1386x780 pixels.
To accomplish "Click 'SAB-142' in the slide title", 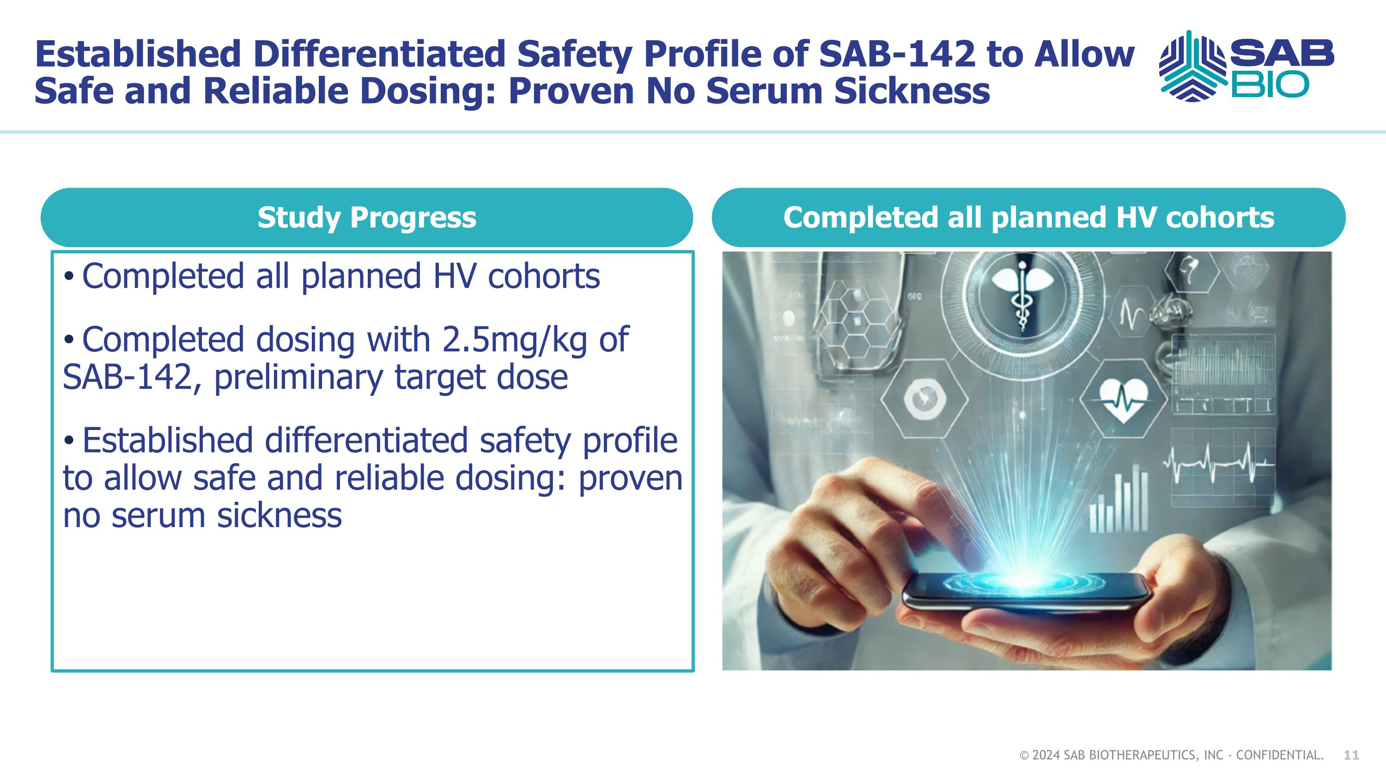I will pyautogui.click(x=896, y=55).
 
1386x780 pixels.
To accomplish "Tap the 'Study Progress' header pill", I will pyautogui.click(x=366, y=217).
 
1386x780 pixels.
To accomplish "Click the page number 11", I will pyautogui.click(x=1351, y=755).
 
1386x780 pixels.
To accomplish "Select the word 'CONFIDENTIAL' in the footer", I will pyautogui.click(x=1278, y=755).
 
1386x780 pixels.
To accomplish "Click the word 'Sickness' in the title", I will pyautogui.click(x=912, y=91).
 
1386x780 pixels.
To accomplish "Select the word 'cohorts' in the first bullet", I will pyautogui.click(x=543, y=276).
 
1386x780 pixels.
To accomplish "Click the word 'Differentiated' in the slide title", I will pyautogui.click(x=379, y=55).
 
